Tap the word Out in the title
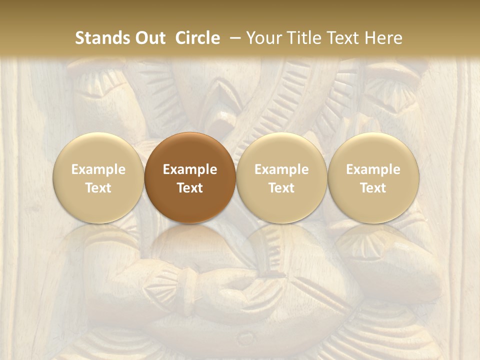(x=148, y=38)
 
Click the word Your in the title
(x=263, y=38)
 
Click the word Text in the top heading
(x=344, y=38)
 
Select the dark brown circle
(x=190, y=178)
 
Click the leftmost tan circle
(x=98, y=178)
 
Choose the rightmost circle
(x=373, y=178)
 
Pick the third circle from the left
(x=281, y=178)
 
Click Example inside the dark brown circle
(x=190, y=169)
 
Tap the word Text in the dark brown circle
(x=190, y=188)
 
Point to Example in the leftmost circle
(x=98, y=169)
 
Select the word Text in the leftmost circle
(x=98, y=188)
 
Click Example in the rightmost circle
(x=373, y=169)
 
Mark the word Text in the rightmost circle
(x=373, y=188)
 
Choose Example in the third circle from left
(x=281, y=169)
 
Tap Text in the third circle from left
(x=281, y=188)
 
